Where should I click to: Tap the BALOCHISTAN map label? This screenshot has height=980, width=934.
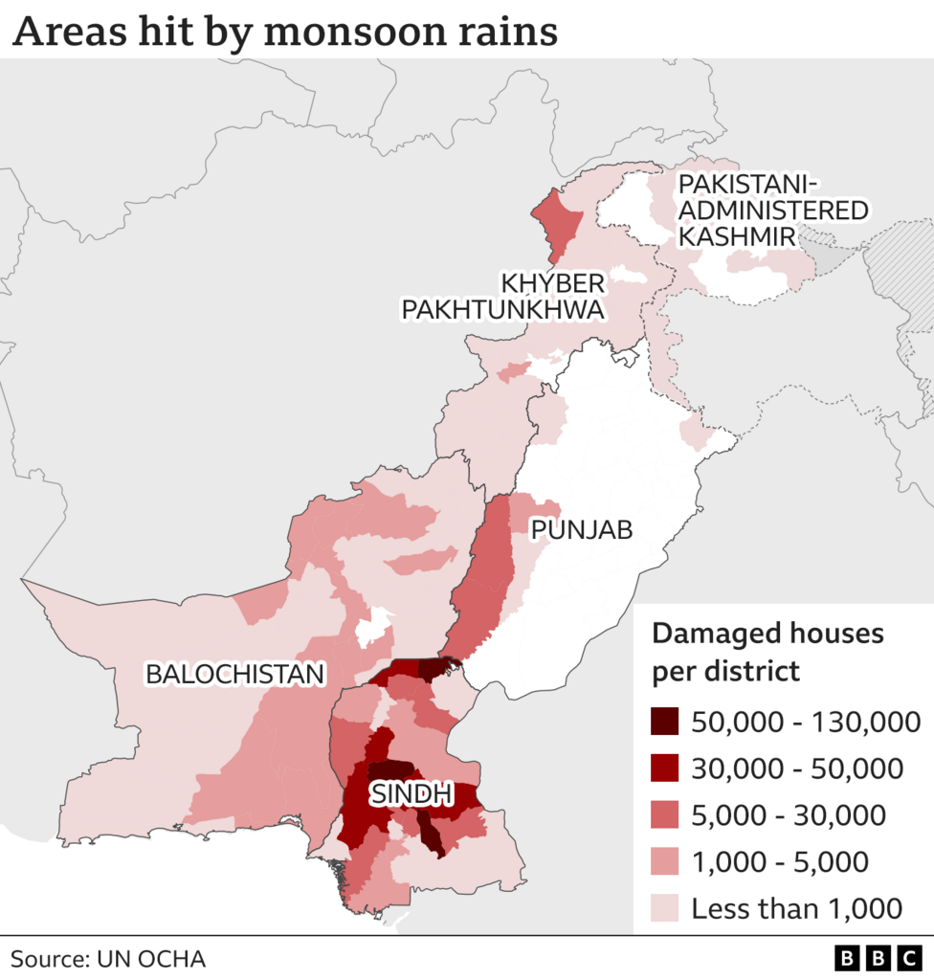tap(234, 674)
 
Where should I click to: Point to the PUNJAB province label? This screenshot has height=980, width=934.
tap(582, 529)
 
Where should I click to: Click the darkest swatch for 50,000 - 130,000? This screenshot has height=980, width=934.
tap(666, 722)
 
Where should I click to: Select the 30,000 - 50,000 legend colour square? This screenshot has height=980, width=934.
tap(666, 768)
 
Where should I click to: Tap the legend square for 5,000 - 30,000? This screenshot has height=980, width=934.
tap(666, 815)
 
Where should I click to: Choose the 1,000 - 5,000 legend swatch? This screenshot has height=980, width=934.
tap(666, 861)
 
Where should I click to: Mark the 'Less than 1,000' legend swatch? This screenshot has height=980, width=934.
tap(666, 908)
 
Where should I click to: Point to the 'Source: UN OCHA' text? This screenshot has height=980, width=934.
tap(108, 959)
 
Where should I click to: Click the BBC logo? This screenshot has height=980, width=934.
tap(877, 959)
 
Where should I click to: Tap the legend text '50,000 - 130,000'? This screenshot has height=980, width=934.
tap(806, 722)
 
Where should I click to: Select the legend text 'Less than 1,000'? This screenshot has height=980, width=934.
tap(797, 908)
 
